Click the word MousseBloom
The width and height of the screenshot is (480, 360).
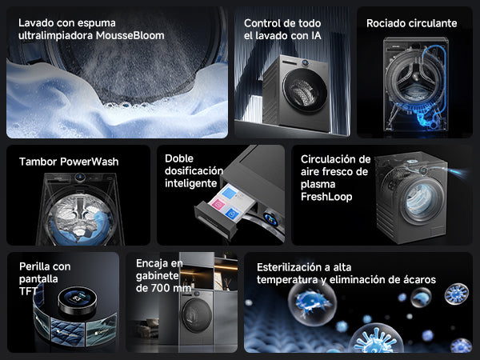pyautogui.click(x=130, y=35)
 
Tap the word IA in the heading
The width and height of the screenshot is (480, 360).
pyautogui.click(x=316, y=36)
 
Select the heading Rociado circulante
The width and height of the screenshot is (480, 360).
pyautogui.click(x=411, y=23)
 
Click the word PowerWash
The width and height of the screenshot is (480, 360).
pyautogui.click(x=89, y=162)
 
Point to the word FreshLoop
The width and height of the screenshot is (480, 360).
pyautogui.click(x=326, y=197)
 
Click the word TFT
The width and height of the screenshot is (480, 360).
pyautogui.click(x=28, y=291)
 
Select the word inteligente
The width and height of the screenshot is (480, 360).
pyautogui.click(x=190, y=183)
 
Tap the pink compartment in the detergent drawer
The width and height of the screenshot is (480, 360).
pyautogui.click(x=218, y=203)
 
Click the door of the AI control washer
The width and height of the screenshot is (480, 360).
pyautogui.click(x=305, y=90)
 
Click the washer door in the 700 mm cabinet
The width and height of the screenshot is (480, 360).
pyautogui.click(x=197, y=315)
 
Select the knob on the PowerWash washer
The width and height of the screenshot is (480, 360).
pyautogui.click(x=80, y=177)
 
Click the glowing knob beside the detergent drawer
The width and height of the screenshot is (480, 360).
pyautogui.click(x=270, y=218)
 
